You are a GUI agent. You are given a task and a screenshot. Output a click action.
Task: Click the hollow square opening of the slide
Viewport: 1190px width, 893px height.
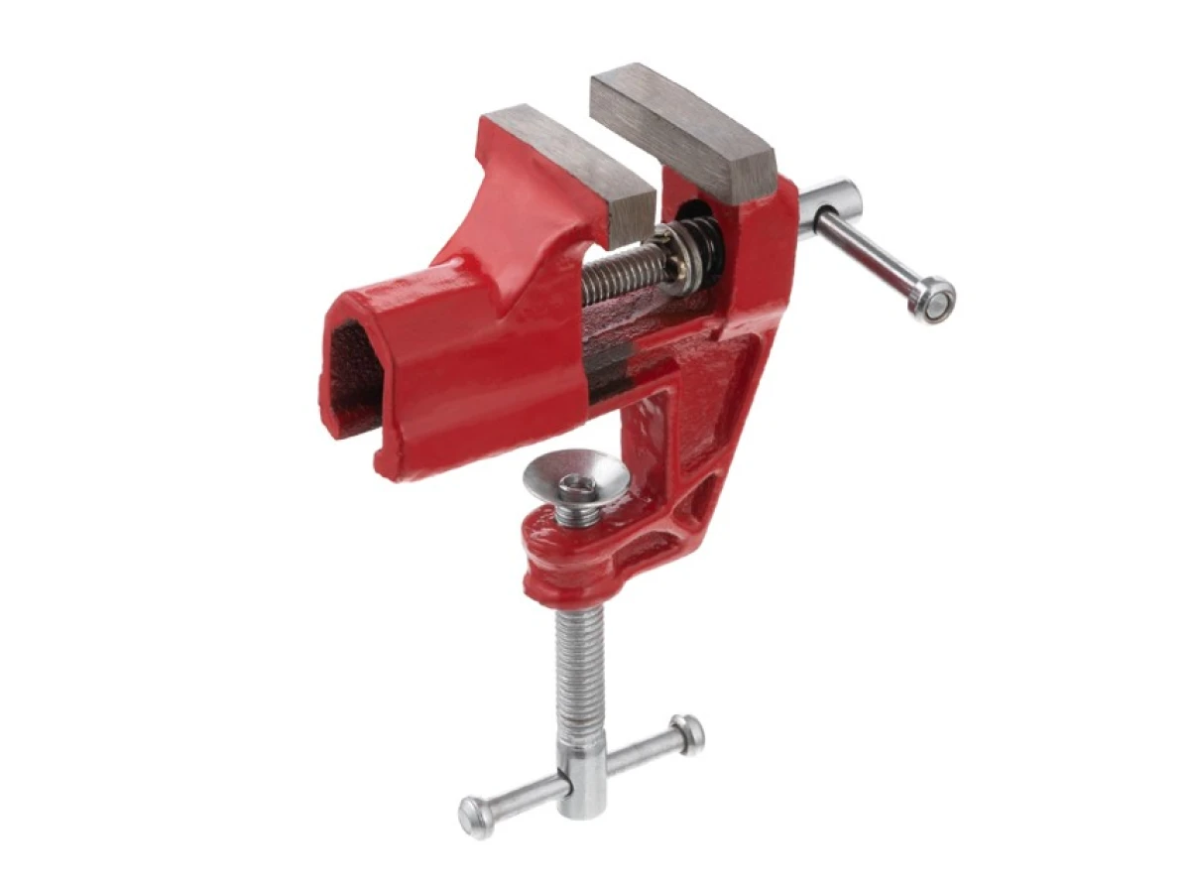point(352,377)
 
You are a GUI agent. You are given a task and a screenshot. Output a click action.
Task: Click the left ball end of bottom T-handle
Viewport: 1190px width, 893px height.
point(474,817)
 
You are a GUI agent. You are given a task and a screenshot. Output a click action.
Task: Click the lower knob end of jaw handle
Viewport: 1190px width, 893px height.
point(933,299)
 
